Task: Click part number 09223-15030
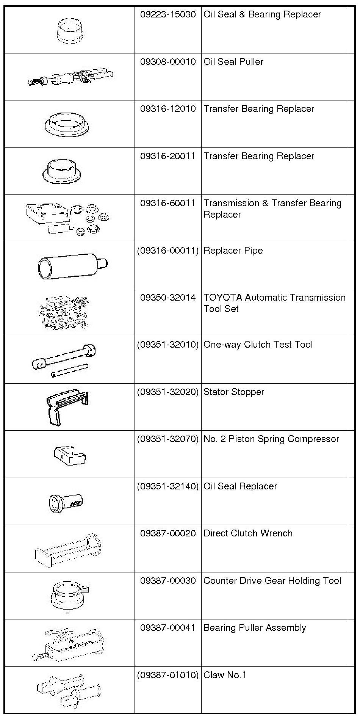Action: click(168, 14)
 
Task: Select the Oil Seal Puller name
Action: click(233, 62)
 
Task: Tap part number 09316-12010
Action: click(168, 109)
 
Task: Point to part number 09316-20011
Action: click(168, 156)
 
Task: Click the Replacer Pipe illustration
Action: click(72, 265)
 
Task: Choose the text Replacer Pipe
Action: click(233, 251)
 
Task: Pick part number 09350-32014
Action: click(168, 298)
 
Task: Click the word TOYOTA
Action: click(223, 298)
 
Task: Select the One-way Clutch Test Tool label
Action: click(258, 345)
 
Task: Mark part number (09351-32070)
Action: click(168, 439)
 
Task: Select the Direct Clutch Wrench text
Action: click(248, 533)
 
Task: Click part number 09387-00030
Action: click(168, 581)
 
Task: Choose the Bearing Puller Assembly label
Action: click(255, 628)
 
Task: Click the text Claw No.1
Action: click(225, 675)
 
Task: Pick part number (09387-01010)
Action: click(168, 675)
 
